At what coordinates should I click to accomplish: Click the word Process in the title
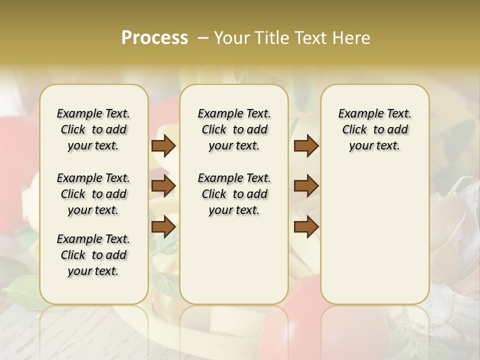[x=154, y=38]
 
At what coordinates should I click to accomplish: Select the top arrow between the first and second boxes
[x=163, y=146]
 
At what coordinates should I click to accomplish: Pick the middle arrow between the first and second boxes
[x=163, y=186]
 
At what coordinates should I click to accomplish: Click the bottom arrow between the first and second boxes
[x=163, y=226]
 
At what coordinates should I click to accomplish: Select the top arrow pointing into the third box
[x=306, y=146]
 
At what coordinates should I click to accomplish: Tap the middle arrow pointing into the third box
[x=306, y=186]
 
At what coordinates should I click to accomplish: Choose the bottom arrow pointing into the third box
[x=306, y=226]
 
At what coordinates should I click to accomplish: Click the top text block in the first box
[x=93, y=129]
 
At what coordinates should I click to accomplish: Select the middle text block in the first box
[x=93, y=194]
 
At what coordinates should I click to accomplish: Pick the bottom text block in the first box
[x=93, y=255]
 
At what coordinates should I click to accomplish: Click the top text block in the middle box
[x=234, y=129]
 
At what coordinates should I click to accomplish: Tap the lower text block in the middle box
[x=234, y=194]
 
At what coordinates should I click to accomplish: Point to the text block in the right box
[x=374, y=129]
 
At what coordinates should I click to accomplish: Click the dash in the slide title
[x=202, y=38]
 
